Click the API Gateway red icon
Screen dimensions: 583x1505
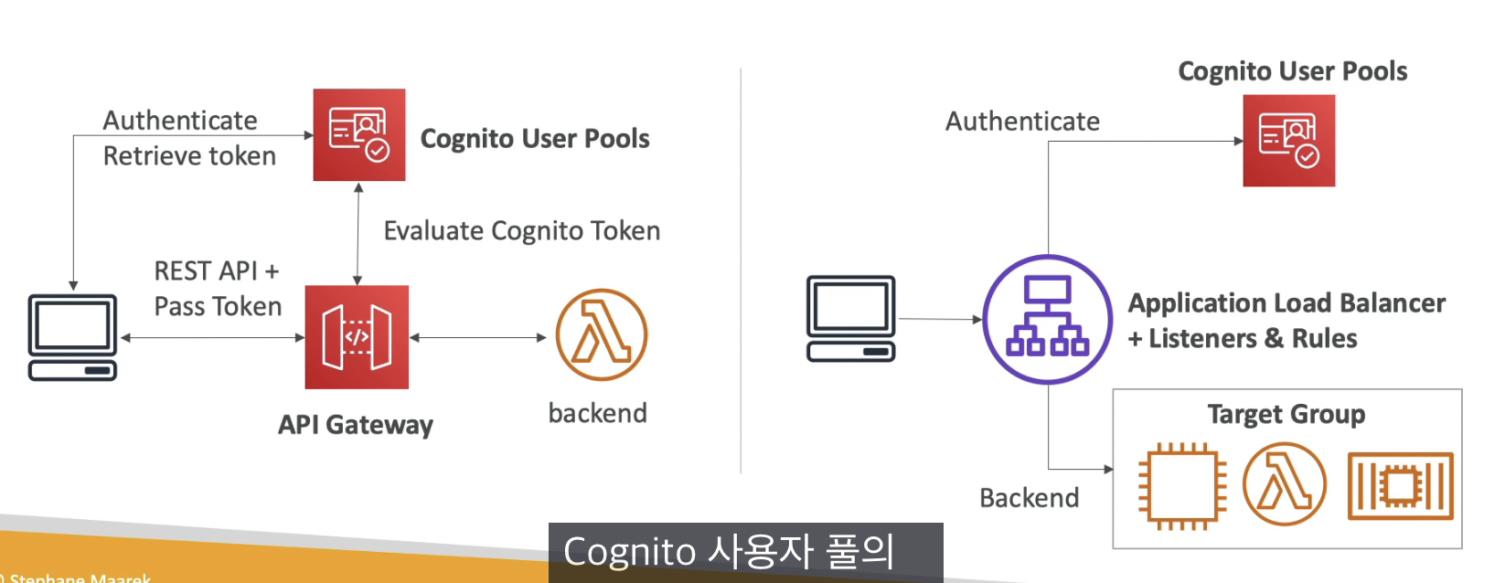357,337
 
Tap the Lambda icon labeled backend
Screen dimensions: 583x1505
601,335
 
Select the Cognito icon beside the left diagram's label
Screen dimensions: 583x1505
359,134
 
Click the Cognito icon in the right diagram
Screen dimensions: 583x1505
1288,141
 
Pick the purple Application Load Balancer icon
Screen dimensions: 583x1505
1047,319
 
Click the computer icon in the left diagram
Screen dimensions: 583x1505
73,336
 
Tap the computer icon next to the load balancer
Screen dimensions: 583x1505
850,318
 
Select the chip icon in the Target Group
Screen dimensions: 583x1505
1182,485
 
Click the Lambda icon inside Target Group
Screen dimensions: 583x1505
1284,484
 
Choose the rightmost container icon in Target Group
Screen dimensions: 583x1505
1400,485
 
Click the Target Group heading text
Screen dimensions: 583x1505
1286,414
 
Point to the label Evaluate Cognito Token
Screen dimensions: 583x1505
521,230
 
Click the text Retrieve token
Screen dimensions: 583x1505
189,156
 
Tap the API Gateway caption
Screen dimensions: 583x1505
356,425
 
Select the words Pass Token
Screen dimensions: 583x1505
218,306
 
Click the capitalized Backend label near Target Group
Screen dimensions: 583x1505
1029,498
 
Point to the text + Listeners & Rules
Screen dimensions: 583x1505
1243,339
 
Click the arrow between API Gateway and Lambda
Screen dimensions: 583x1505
477,337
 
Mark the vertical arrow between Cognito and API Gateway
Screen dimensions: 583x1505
358,233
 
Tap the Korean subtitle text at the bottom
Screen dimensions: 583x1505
729,552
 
